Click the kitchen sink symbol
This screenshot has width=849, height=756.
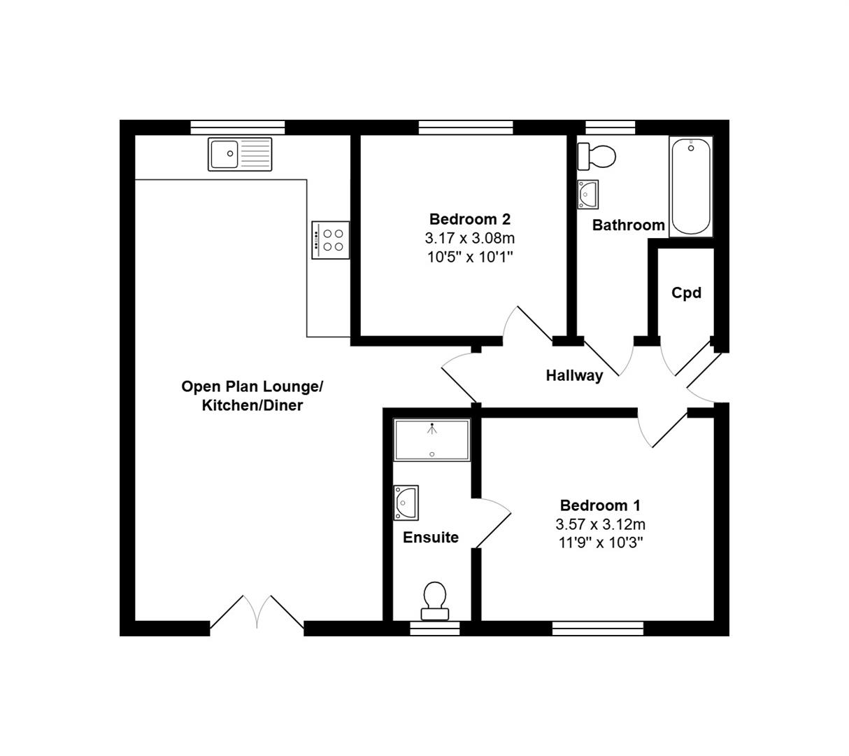pyautogui.click(x=240, y=154)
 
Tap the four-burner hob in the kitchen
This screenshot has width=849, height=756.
pyautogui.click(x=330, y=240)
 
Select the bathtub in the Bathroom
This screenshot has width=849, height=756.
pyautogui.click(x=691, y=186)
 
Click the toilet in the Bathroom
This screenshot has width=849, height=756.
pyautogui.click(x=597, y=156)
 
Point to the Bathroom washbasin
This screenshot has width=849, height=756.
pyautogui.click(x=588, y=194)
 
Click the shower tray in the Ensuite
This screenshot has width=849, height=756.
pyautogui.click(x=431, y=440)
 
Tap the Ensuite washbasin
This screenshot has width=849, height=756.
pyautogui.click(x=406, y=503)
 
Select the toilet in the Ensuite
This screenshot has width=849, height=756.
pyautogui.click(x=435, y=601)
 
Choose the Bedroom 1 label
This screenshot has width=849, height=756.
pyautogui.click(x=600, y=505)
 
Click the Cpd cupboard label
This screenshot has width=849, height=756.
pyautogui.click(x=686, y=293)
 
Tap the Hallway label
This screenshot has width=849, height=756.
pyautogui.click(x=574, y=376)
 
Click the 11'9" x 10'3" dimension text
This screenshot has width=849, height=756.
pyautogui.click(x=600, y=542)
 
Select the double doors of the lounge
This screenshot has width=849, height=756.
pyautogui.click(x=257, y=613)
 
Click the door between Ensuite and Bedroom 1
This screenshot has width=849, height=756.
pyautogui.click(x=492, y=522)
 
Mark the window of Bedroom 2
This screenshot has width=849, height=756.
pyautogui.click(x=466, y=127)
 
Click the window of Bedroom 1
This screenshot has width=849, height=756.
pyautogui.click(x=597, y=629)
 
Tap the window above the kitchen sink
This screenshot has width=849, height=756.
pyautogui.click(x=238, y=127)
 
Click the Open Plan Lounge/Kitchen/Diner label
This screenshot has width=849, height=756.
pyautogui.click(x=252, y=395)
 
